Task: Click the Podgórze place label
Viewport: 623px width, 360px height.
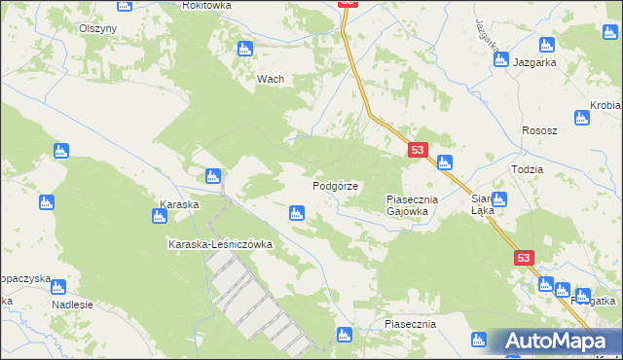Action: tap(336, 185)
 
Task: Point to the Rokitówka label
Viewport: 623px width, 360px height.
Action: tap(205, 5)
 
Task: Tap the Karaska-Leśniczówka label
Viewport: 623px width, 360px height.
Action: tap(220, 244)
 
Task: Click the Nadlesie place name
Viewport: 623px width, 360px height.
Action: tap(72, 304)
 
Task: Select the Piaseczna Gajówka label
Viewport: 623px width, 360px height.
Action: tap(414, 204)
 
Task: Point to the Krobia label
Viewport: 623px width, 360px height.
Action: tap(605, 105)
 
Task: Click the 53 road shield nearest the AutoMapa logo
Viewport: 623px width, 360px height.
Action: tap(525, 257)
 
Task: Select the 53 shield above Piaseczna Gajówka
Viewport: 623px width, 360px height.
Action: tap(418, 150)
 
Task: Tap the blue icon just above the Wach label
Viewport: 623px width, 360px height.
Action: tap(244, 48)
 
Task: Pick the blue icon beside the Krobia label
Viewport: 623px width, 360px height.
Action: tap(581, 119)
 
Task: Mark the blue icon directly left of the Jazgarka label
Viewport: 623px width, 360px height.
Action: tap(500, 60)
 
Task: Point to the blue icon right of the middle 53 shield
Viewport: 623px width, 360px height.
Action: tap(444, 162)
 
